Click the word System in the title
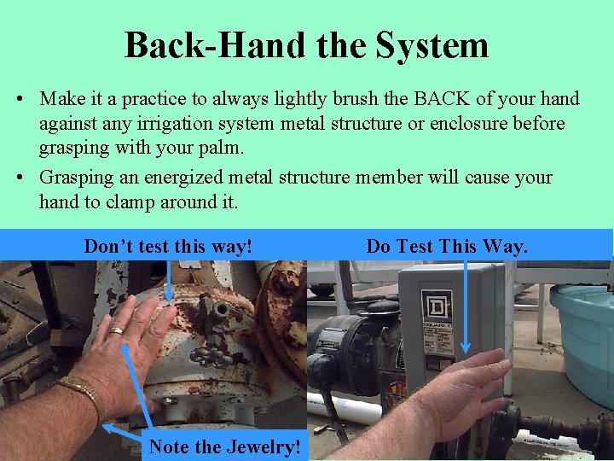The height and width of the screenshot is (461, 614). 432,46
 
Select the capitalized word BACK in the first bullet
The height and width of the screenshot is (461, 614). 442,98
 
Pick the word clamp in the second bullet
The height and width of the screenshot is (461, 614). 130,203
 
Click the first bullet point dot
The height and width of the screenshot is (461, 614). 20,99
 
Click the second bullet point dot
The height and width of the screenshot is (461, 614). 20,178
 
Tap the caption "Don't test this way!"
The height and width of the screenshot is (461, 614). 168,246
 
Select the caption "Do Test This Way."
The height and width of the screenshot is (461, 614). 447,246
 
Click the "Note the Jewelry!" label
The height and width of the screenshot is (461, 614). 225,446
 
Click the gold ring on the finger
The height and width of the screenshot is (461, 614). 116,330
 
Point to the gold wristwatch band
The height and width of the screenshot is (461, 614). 83,392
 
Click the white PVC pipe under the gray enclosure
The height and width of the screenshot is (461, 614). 345,408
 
